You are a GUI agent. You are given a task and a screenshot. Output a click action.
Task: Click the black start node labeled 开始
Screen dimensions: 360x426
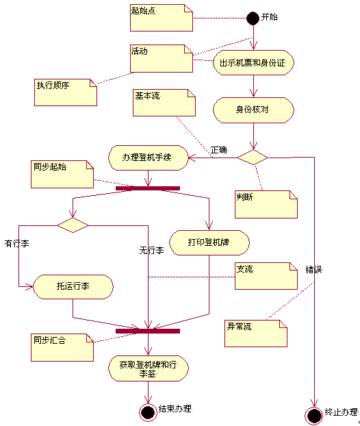point(253,18)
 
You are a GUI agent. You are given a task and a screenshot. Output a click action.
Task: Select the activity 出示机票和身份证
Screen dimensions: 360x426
point(253,63)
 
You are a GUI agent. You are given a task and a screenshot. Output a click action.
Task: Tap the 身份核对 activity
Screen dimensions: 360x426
point(253,110)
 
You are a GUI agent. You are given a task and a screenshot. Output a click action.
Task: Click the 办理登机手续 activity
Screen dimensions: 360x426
point(149,158)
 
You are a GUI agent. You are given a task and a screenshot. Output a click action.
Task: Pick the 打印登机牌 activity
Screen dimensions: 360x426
point(209,242)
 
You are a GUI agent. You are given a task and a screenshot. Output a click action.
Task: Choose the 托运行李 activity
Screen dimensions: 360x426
point(73,287)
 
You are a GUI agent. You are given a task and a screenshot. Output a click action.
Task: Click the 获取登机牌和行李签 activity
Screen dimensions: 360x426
point(149,368)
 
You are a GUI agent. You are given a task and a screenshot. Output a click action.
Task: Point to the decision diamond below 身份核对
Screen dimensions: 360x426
point(253,158)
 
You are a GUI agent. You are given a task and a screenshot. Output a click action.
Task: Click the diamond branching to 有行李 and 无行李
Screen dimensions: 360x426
point(73,225)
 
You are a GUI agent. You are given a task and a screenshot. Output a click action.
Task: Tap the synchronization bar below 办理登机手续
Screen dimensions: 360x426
point(148,188)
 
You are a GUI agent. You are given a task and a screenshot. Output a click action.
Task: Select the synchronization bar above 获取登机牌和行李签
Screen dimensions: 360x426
point(148,331)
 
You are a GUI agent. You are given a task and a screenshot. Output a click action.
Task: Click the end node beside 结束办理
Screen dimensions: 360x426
point(148,412)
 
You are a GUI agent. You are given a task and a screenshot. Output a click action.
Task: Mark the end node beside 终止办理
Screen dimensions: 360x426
point(314,416)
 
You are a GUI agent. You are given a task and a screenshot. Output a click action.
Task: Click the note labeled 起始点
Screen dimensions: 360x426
point(162,18)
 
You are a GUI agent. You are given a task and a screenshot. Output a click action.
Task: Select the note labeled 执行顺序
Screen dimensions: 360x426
point(66,92)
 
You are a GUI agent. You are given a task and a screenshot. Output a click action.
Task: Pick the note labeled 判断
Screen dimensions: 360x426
point(266,204)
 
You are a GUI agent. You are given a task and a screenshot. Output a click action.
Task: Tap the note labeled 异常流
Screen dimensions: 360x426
point(256,334)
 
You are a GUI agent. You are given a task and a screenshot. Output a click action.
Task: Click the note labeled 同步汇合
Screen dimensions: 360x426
point(62,347)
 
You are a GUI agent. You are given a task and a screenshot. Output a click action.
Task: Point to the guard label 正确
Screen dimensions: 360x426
point(219,150)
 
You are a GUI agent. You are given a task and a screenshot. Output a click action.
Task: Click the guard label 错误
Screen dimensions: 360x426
point(314,270)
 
